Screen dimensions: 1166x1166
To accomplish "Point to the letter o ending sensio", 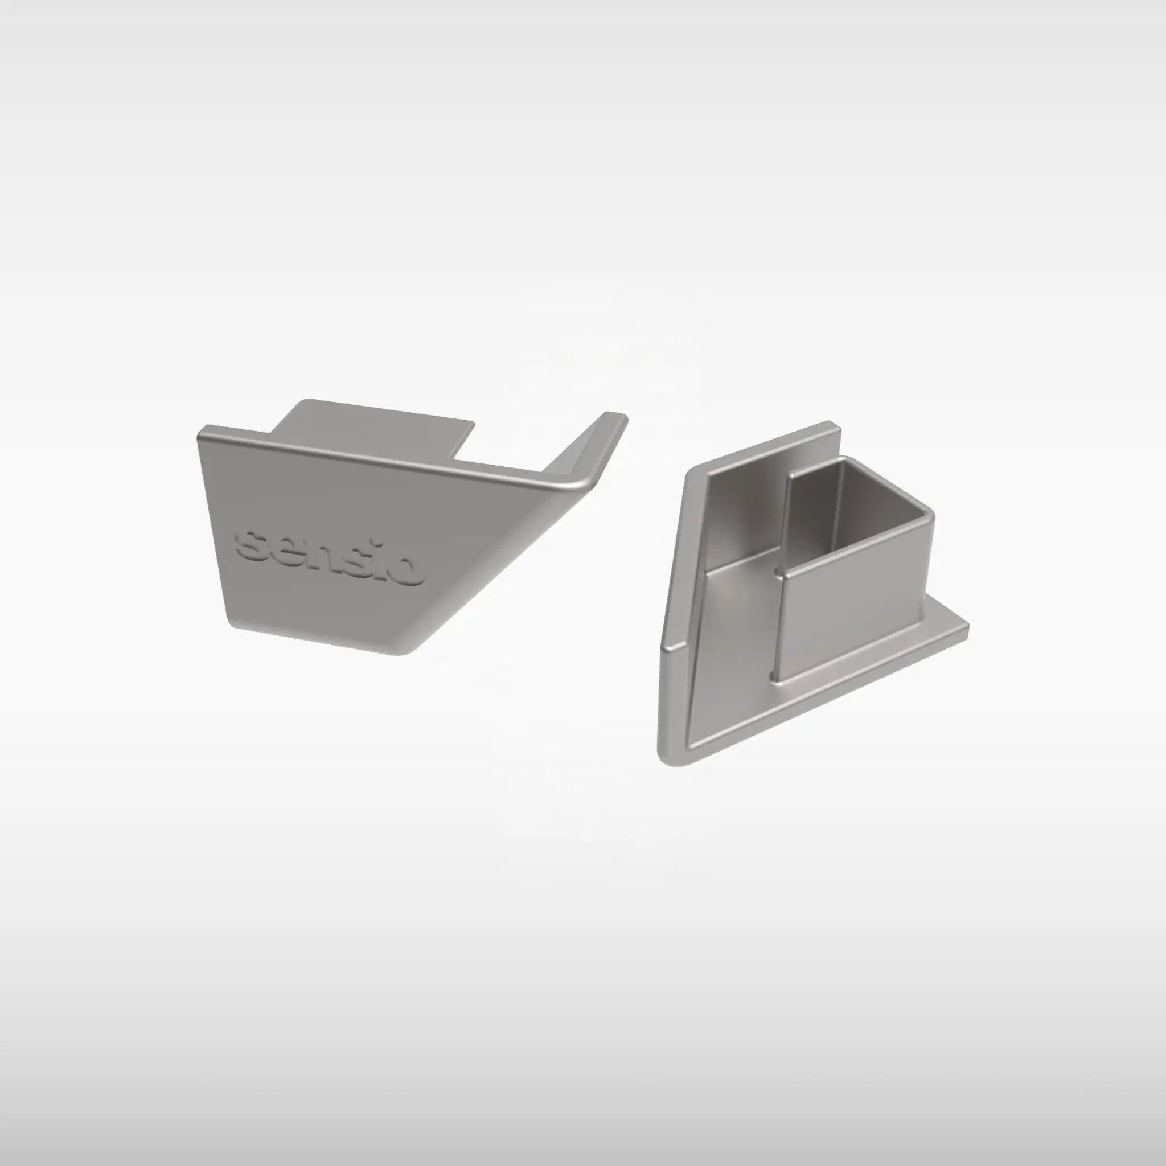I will pyautogui.click(x=411, y=571).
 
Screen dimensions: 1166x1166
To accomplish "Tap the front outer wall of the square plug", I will pyautogui.click(x=857, y=622).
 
